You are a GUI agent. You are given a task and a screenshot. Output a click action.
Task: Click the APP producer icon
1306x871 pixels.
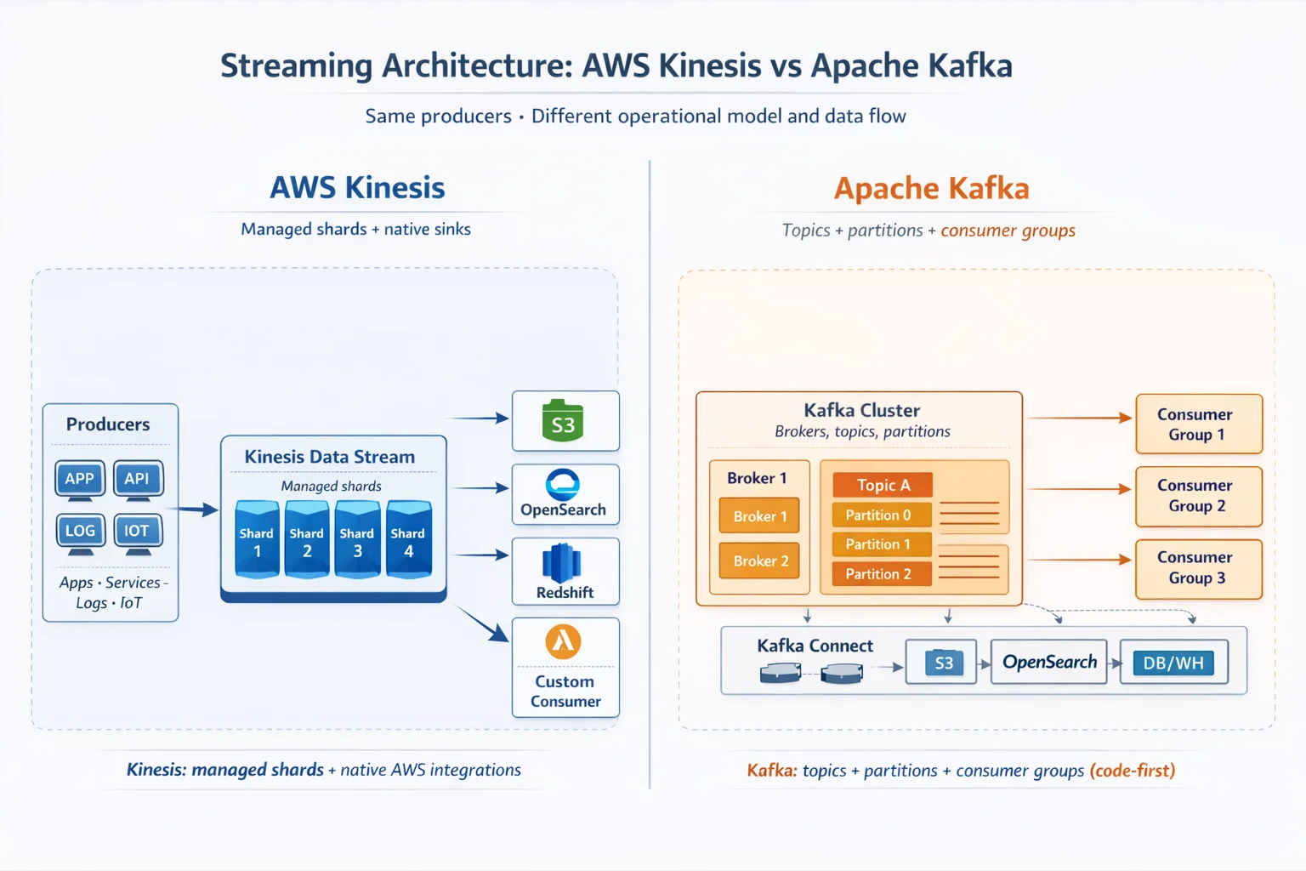pos(80,479)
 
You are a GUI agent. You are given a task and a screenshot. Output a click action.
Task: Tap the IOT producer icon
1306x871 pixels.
pos(137,532)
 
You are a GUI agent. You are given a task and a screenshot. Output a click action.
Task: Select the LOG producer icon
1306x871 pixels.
pos(80,532)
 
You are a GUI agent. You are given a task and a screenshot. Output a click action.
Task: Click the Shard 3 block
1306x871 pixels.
pos(357,541)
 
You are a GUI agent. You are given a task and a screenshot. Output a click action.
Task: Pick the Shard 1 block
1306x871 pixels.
pos(257,541)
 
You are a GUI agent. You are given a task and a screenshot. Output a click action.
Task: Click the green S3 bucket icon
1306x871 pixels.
pos(563,422)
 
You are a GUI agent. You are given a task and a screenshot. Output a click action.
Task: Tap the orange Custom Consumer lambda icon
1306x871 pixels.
pos(563,642)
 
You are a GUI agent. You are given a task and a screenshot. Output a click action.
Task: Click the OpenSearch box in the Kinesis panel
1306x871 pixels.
pos(565,494)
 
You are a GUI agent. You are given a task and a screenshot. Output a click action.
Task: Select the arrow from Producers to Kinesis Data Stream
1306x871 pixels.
pos(193,510)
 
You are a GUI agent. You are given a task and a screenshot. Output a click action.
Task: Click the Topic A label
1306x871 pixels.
pos(883,485)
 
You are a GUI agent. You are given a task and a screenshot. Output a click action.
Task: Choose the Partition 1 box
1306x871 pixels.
pos(882,544)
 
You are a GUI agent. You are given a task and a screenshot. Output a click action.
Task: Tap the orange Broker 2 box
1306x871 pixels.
pos(760,561)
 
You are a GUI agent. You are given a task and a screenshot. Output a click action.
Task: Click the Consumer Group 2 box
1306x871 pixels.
pos(1198,496)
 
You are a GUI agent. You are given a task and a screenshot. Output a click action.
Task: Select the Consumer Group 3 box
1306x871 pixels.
pos(1198,568)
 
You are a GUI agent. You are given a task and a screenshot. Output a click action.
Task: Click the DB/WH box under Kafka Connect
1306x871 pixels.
pos(1173,663)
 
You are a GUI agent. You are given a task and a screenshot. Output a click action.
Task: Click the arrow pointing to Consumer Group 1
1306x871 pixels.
pos(1080,418)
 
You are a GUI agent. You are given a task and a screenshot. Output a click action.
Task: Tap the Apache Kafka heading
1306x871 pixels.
pos(931,188)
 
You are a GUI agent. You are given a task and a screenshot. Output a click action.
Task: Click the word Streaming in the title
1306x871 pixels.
pos(296,66)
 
